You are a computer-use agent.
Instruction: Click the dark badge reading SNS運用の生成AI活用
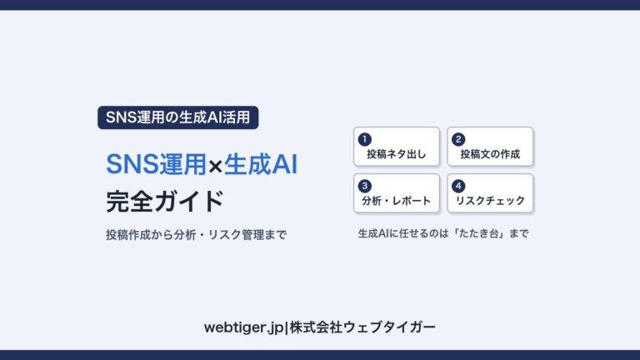coord(178,117)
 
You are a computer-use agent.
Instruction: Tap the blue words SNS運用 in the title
coord(157,164)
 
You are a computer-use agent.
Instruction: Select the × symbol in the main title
coord(215,166)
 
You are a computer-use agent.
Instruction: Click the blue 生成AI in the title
coord(261,164)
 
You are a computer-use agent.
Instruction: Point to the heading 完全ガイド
coord(165,201)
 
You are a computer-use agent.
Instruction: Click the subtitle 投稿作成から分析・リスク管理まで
coord(197,235)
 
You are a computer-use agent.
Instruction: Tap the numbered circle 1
coord(364,140)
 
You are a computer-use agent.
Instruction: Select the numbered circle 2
coord(458,140)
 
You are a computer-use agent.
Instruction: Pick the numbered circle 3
coord(364,186)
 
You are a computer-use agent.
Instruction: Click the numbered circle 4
coord(458,186)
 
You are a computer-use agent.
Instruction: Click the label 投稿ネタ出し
coord(397,154)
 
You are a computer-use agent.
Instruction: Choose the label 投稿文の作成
coord(490,154)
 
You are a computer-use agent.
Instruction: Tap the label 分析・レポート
coord(397,201)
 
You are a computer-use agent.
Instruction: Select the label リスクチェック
coord(490,201)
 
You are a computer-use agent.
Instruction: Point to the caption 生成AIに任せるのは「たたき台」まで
coord(443,233)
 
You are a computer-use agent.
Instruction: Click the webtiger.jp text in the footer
coord(243,327)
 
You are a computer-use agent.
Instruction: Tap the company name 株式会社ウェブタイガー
coord(362,327)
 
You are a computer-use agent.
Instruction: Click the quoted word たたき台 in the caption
coord(479,233)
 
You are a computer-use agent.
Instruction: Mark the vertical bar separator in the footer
coord(287,327)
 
